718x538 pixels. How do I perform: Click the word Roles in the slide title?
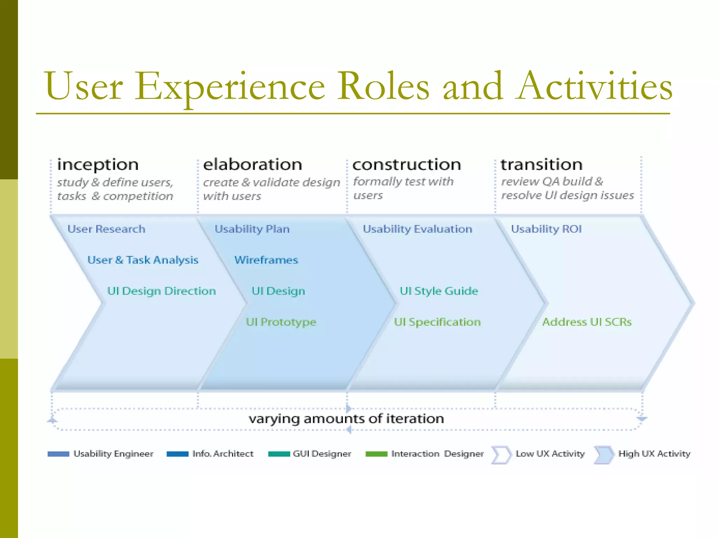(383, 87)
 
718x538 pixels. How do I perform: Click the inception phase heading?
(98, 165)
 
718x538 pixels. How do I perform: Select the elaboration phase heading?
(252, 165)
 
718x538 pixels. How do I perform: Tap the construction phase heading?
(406, 165)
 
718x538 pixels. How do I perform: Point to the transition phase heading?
(541, 165)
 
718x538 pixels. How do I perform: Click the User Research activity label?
(106, 229)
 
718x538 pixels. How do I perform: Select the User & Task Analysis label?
(143, 260)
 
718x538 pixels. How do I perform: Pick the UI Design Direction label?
(161, 291)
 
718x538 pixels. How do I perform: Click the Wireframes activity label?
(266, 260)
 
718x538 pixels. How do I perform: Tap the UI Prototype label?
(281, 322)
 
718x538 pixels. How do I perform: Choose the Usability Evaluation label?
(417, 229)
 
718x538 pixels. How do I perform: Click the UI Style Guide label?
(439, 291)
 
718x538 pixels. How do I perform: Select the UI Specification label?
(437, 322)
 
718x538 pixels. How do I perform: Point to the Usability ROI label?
(546, 229)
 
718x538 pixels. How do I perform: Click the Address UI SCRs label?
(587, 322)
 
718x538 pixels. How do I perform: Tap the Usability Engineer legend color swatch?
(59, 454)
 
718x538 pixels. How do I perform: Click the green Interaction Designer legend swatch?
(376, 454)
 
